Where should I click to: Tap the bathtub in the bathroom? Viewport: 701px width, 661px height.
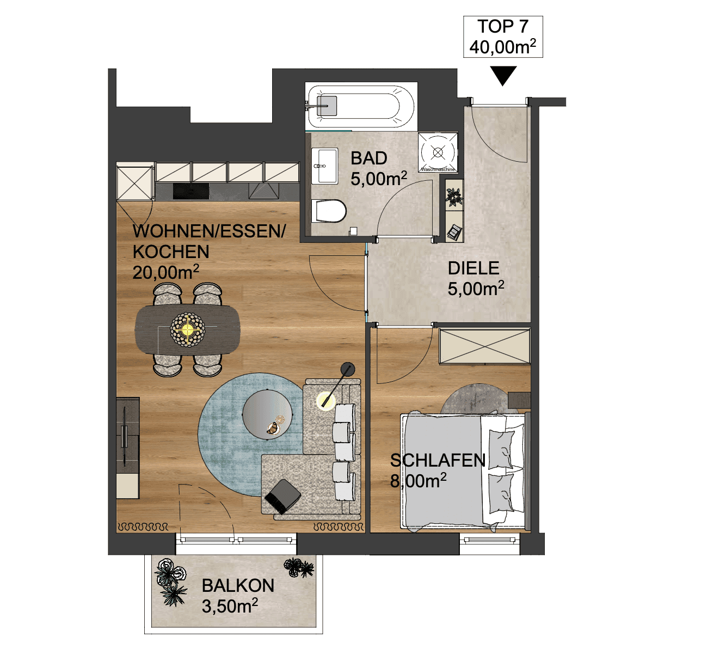[361, 106]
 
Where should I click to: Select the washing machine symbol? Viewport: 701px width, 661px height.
[438, 152]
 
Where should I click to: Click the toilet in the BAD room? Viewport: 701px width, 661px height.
[329, 211]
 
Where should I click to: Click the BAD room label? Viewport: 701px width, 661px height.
[378, 169]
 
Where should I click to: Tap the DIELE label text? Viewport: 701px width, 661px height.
[476, 279]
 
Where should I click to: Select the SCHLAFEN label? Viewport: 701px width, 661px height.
[438, 470]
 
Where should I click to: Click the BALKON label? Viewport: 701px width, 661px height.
[238, 596]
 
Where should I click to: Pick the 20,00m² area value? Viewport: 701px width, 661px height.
[165, 272]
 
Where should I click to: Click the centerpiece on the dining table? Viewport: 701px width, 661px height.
[187, 329]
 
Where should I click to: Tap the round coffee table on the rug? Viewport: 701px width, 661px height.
[267, 414]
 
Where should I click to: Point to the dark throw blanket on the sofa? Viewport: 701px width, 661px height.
[282, 497]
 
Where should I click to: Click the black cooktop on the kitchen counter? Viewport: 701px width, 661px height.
[190, 191]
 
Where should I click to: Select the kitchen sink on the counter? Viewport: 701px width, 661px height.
[263, 191]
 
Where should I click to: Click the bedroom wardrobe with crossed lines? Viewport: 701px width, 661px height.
[484, 346]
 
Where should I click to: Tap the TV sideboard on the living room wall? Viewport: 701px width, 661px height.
[128, 448]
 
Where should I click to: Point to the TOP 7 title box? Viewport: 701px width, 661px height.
[503, 36]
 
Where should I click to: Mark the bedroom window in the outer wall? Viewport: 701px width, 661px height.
[490, 543]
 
